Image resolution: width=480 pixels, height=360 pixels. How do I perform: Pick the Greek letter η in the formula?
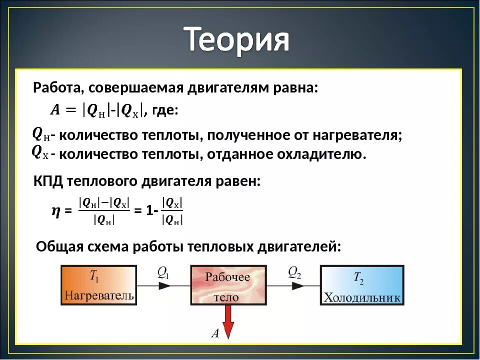(x=56, y=211)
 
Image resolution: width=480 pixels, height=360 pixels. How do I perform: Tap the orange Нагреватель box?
(x=99, y=285)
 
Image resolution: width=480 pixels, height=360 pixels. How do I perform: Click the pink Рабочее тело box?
(x=227, y=285)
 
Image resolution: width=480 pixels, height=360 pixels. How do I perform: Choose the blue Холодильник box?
(x=362, y=285)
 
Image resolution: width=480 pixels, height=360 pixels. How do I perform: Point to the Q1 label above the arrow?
(x=163, y=272)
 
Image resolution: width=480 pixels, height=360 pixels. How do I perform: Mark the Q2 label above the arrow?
(x=294, y=272)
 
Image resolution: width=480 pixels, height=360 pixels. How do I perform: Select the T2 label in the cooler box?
(x=359, y=278)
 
